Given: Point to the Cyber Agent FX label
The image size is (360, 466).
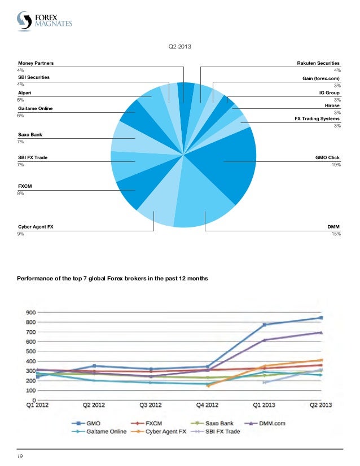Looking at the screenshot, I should [36, 226].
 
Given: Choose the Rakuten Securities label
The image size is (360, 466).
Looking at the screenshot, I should [319, 64].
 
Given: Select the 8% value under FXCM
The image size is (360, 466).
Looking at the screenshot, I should [20, 193].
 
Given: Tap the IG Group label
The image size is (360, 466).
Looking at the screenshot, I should [330, 90].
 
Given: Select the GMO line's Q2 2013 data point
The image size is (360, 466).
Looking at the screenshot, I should [321, 318].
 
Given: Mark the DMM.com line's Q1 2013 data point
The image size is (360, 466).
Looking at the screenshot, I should [265, 340].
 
